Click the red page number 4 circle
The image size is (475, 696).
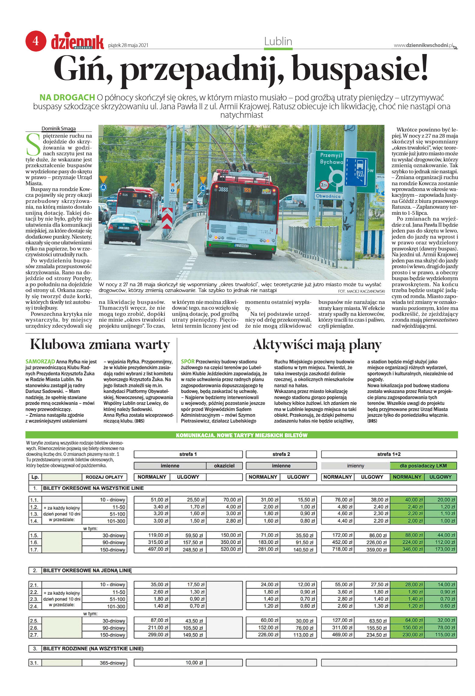tap(36, 41)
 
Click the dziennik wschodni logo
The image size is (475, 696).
tap(77, 42)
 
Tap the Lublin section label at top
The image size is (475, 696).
tap(278, 41)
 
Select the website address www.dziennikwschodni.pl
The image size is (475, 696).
tap(423, 45)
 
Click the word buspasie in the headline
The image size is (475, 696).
tap(360, 68)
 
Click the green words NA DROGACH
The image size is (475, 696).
tap(67, 98)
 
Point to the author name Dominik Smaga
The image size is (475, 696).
tap(59, 128)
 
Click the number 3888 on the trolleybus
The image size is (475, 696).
tap(223, 189)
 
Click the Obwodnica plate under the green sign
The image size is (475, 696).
tap(328, 196)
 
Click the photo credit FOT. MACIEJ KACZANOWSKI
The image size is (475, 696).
tap(361, 291)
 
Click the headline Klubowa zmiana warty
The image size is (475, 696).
tap(100, 345)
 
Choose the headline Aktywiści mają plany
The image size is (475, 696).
tap(317, 345)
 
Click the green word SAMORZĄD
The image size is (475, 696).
tap(40, 362)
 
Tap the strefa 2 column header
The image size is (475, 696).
tap(281, 454)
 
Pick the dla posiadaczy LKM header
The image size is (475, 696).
tap(423, 466)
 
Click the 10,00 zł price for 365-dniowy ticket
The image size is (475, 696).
tap(194, 663)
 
